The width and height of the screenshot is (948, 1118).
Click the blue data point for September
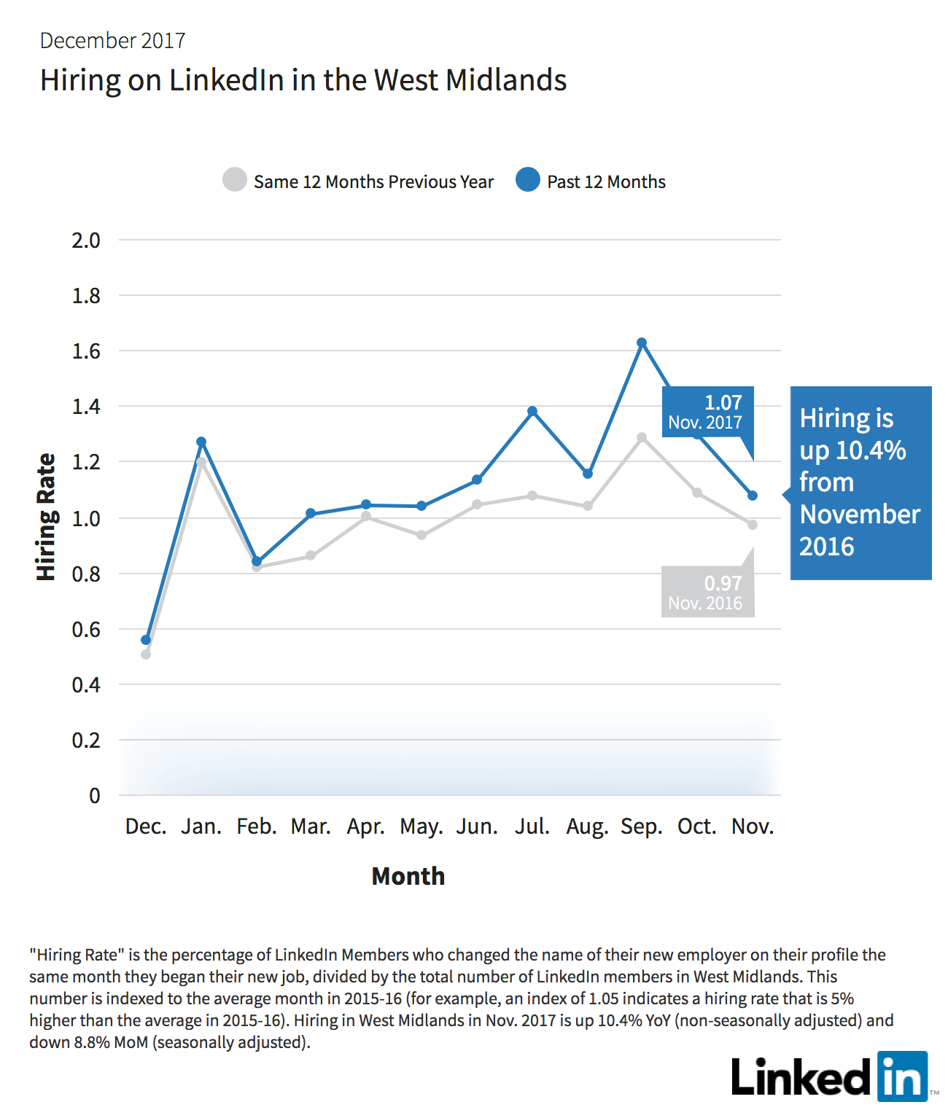tap(642, 343)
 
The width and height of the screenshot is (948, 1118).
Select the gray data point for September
tap(642, 437)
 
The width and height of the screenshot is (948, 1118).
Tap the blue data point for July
tap(532, 411)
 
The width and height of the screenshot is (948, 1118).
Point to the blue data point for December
tap(146, 640)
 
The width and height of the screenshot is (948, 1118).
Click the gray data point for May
tap(421, 535)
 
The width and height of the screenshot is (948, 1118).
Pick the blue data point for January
tap(201, 442)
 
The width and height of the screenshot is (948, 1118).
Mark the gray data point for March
tap(311, 555)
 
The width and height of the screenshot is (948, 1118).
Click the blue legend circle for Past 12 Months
tap(528, 179)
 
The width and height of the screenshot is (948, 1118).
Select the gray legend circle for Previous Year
tap(235, 179)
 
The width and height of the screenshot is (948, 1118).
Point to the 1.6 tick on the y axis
tap(86, 351)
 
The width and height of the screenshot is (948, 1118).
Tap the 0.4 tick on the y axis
tap(86, 685)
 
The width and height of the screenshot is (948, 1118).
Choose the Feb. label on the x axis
tap(257, 826)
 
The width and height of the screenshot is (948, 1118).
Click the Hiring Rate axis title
tap(46, 517)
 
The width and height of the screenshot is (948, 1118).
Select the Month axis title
tap(408, 876)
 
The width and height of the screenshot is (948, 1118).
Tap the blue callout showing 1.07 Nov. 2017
tap(708, 413)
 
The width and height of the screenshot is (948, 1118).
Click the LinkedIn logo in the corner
tap(831, 1076)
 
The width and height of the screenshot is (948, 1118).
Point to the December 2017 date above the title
tap(112, 41)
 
